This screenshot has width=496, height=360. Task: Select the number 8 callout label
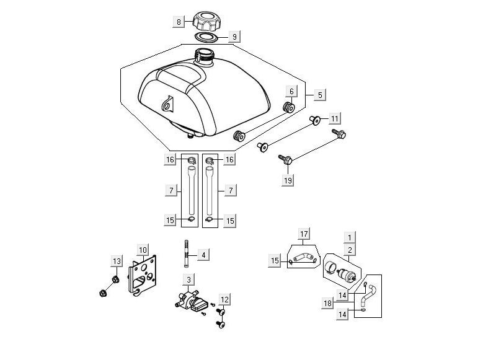pyautogui.click(x=179, y=22)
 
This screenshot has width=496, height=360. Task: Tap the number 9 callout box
pyautogui.click(x=234, y=37)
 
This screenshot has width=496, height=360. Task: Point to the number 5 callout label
pyautogui.click(x=320, y=95)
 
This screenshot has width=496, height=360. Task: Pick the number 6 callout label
pyautogui.click(x=290, y=91)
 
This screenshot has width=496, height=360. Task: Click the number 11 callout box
pyautogui.click(x=334, y=118)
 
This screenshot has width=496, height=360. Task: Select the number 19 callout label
pyautogui.click(x=288, y=180)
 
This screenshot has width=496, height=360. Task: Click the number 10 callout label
pyautogui.click(x=143, y=250)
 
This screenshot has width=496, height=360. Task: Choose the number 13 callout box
pyautogui.click(x=116, y=260)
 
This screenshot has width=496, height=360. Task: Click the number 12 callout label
pyautogui.click(x=224, y=300)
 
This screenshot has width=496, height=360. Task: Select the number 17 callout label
pyautogui.click(x=304, y=234)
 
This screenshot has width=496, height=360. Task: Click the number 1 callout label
pyautogui.click(x=350, y=237)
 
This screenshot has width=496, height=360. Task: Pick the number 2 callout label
pyautogui.click(x=350, y=250)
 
